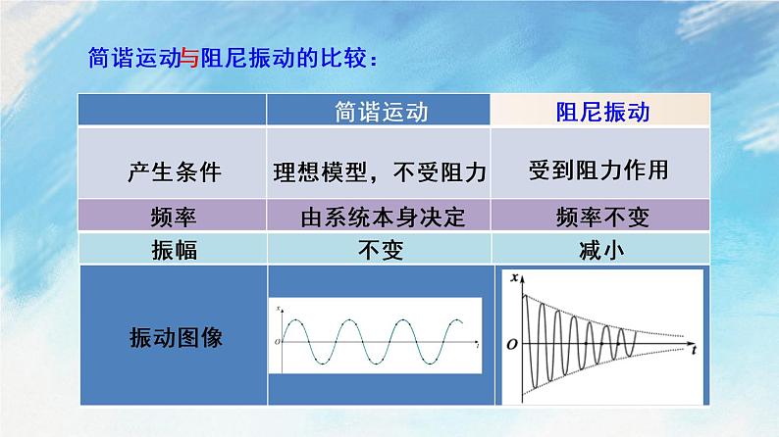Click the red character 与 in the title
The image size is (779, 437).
coord(190,58)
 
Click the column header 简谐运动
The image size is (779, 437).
coord(381,112)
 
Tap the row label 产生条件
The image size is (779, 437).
coord(175,171)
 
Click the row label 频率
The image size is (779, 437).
coord(175,216)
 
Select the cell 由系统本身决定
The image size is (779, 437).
coord(381,216)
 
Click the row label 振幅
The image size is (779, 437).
coord(175,250)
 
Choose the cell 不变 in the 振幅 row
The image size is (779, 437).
coord(381,250)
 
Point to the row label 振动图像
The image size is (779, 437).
coord(175,337)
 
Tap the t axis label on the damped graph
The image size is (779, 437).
coord(693,349)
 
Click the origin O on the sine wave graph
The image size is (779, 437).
coord(277,341)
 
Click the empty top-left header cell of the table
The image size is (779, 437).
coord(175,112)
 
